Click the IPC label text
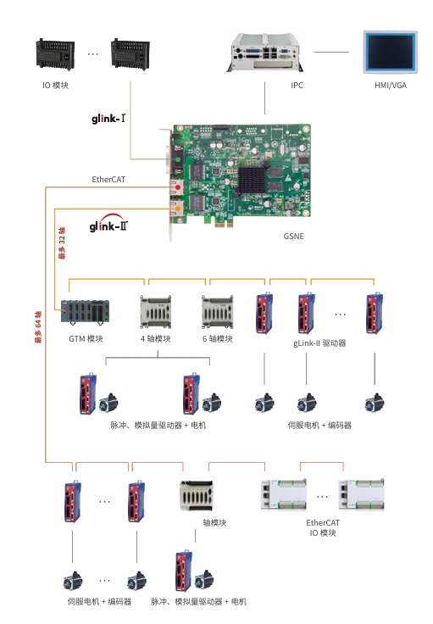297,86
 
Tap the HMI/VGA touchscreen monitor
389,53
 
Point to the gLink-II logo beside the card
108,226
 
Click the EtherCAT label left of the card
108,180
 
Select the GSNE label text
292,237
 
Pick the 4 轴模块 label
156,339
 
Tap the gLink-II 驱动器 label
319,343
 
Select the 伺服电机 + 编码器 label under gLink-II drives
319,425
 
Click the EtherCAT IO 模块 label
322,528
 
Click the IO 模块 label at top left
55,86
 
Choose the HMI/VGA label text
390,86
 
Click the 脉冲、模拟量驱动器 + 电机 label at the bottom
198,601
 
